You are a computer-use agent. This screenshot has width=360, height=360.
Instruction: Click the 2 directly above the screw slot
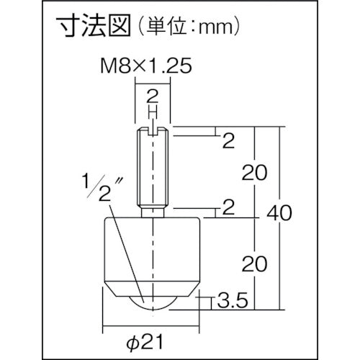[x=153, y=97]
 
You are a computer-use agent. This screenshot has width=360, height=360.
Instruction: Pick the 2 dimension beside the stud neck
[x=228, y=210]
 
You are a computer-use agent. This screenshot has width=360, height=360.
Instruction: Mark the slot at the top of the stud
[x=153, y=130]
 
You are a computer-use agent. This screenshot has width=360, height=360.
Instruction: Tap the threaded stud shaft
[x=153, y=169]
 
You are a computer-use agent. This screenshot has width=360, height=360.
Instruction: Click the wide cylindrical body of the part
[x=153, y=248]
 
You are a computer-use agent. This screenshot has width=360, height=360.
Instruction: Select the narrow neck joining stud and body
[x=153, y=211]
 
